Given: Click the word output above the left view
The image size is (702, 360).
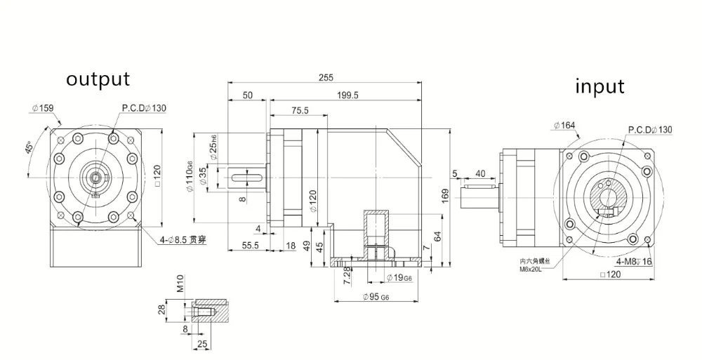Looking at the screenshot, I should (x=98, y=79).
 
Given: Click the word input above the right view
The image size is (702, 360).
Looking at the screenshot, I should (x=600, y=86).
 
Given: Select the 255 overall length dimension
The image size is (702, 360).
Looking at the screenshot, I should (x=325, y=78).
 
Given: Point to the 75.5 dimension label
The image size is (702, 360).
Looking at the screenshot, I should (x=300, y=111).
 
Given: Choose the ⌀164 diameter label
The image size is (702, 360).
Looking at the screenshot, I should (x=564, y=126).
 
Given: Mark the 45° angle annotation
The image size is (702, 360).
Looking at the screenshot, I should (x=29, y=147).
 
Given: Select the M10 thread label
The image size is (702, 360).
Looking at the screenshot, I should (x=180, y=284).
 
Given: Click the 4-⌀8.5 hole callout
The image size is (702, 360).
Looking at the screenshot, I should (x=185, y=241).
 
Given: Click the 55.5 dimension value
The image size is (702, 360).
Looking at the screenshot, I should (x=251, y=246).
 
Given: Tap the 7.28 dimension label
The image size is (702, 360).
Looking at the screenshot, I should (x=345, y=273).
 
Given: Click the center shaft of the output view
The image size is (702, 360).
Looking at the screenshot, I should (x=94, y=176).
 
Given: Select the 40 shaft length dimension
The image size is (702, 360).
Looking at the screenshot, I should (x=480, y=173).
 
